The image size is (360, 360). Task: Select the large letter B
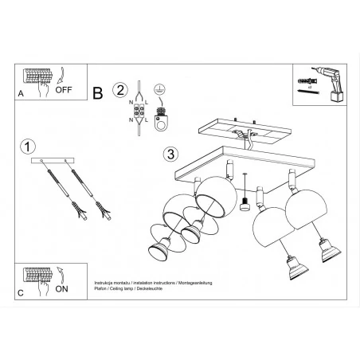(98, 92)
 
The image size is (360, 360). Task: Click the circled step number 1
(29, 147)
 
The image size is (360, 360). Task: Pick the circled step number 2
(120, 89)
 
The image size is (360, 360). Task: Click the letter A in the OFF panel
(19, 94)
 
